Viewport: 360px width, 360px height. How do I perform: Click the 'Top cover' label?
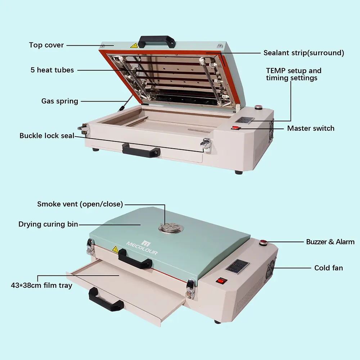46,45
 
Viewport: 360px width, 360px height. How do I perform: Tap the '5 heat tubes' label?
52,70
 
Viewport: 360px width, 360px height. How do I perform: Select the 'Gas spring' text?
60,101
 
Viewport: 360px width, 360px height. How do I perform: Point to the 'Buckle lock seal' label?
47,135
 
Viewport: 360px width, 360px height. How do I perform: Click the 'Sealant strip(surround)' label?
304,53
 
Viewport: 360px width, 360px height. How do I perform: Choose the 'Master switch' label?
311,128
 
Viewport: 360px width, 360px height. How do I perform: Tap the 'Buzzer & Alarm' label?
330,242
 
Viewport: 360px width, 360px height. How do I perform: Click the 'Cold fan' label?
329,268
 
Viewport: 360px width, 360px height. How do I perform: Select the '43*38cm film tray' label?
41,285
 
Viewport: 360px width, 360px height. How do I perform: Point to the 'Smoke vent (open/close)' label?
80,204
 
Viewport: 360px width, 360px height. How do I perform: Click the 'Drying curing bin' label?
48,224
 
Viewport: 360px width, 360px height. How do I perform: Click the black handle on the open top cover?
157,41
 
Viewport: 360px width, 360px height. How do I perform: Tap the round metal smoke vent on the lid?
171,228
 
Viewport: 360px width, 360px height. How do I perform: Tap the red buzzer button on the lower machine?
264,242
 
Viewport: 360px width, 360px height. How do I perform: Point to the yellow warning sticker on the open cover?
134,45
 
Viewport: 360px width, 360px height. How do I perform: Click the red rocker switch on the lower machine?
221,280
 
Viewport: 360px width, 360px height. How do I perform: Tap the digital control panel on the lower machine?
238,267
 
